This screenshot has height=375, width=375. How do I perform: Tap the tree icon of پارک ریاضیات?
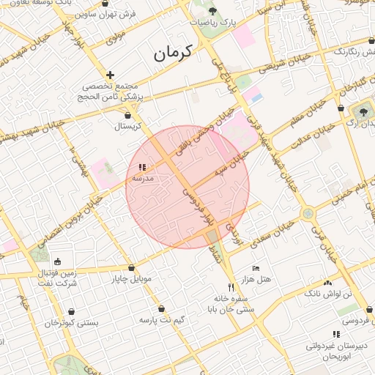pos(213,11)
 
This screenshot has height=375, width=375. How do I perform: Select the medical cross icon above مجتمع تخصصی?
pos(110,75)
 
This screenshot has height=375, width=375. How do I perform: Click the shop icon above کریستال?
pos(128,115)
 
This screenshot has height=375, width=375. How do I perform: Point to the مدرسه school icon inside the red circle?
pos(142,168)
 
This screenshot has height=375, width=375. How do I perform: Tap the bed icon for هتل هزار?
pos(255,268)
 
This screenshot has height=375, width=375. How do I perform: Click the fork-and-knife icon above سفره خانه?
pos(231,286)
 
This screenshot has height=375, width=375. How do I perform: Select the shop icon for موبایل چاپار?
pos(131,267)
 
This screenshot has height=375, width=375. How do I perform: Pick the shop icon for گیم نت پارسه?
pos(160,308)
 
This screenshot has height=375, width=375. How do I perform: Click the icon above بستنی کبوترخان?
pos(71,311)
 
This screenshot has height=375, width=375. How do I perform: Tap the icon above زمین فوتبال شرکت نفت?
pos(58,261)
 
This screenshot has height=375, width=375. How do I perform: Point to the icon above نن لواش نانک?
pos(327,282)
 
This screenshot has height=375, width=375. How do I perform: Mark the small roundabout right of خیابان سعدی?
pos(308,214)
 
